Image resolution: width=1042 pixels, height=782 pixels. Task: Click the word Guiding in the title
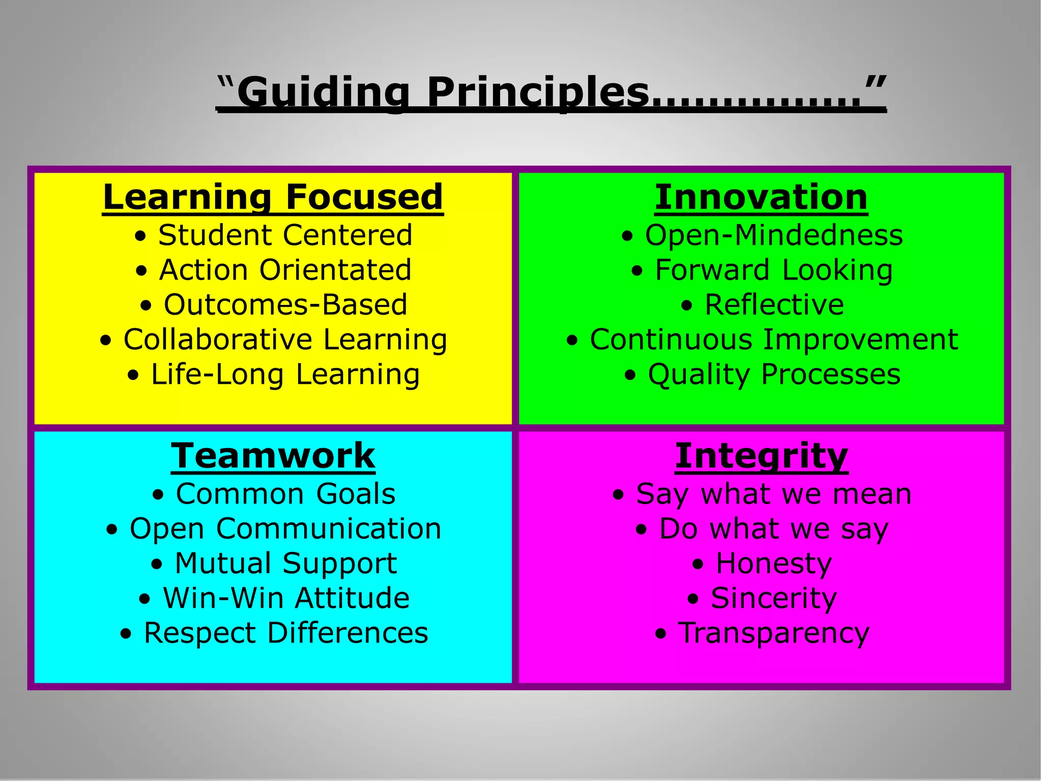tap(323, 93)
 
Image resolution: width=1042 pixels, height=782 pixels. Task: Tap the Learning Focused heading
tap(273, 197)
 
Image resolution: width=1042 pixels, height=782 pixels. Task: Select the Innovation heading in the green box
tap(761, 197)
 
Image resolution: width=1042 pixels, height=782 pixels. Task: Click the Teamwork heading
tap(273, 456)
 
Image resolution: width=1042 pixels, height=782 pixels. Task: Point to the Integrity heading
tap(761, 456)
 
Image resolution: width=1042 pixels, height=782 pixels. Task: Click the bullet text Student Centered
tap(285, 235)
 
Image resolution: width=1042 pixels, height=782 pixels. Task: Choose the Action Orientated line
tap(285, 270)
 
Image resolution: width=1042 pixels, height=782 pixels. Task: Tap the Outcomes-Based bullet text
tap(285, 304)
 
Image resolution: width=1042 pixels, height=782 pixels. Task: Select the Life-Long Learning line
tap(285, 375)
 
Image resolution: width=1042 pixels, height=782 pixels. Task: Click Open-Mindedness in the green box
tap(773, 235)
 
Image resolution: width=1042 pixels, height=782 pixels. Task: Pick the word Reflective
tap(774, 304)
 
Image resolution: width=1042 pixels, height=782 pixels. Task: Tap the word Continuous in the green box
tap(671, 340)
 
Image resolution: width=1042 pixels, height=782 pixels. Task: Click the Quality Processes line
tap(774, 375)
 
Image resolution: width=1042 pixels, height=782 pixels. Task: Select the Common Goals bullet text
tap(285, 494)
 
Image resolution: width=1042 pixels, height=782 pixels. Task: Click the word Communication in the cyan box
tap(329, 528)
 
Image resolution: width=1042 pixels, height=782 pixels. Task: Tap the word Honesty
tap(773, 564)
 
